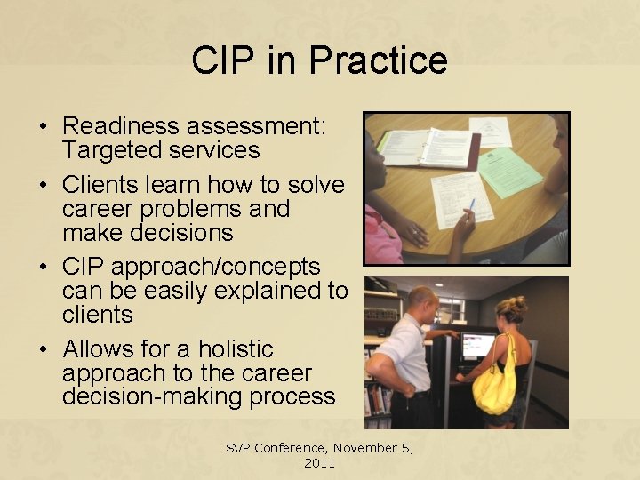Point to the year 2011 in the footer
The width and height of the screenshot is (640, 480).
(319, 463)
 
